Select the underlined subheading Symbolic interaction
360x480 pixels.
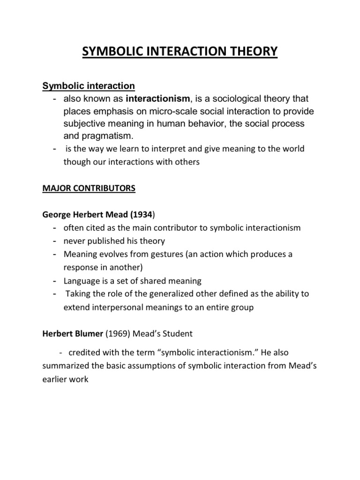tap(89, 86)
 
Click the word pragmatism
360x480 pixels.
tap(104, 136)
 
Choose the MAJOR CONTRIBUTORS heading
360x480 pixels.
tap(89, 188)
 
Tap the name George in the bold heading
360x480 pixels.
tap(56, 214)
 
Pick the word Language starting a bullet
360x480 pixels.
tap(81, 281)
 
